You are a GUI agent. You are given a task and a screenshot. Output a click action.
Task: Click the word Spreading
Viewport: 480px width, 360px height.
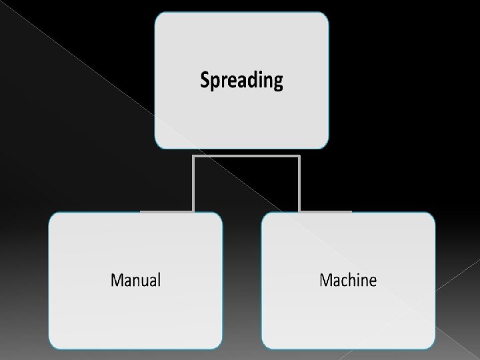tap(241, 81)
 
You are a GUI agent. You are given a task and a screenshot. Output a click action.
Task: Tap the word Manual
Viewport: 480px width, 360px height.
tap(135, 279)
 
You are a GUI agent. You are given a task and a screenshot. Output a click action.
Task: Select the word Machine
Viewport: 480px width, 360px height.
tap(347, 279)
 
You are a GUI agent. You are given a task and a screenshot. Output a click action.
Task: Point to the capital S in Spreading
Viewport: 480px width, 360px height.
tap(205, 81)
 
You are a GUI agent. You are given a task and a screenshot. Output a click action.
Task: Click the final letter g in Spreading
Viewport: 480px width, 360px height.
tap(278, 83)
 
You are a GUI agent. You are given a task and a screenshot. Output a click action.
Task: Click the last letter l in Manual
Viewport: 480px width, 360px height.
tap(159, 279)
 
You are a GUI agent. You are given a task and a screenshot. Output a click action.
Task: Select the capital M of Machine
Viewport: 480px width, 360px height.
tap(327, 279)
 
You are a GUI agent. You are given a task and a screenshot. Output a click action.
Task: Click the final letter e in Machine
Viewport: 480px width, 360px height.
tap(372, 281)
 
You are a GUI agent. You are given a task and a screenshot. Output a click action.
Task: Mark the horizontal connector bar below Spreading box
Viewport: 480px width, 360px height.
tap(246, 157)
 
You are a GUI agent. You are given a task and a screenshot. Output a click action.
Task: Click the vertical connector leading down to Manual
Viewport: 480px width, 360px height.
tap(193, 184)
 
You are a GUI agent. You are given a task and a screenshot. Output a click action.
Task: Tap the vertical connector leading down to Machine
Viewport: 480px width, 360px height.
tap(299, 184)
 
